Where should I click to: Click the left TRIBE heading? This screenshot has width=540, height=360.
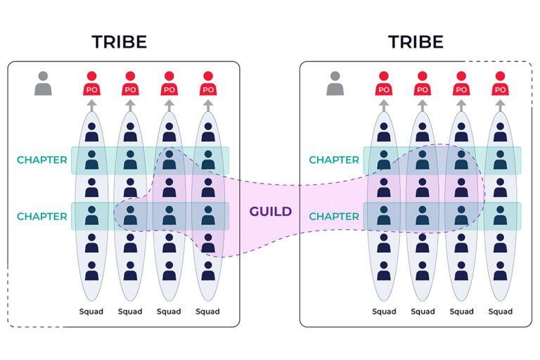pyautogui.click(x=119, y=41)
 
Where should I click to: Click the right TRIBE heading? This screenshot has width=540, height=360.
pyautogui.click(x=416, y=41)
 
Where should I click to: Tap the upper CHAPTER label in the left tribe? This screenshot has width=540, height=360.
pyautogui.click(x=41, y=160)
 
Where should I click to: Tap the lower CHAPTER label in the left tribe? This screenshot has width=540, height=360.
pyautogui.click(x=41, y=216)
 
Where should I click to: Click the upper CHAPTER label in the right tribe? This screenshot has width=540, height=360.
pyautogui.click(x=334, y=160)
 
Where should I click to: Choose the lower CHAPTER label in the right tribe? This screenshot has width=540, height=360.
pyautogui.click(x=334, y=216)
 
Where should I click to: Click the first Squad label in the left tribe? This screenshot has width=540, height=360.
pyautogui.click(x=91, y=311)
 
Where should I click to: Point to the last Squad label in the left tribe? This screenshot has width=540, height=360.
pyautogui.click(x=207, y=311)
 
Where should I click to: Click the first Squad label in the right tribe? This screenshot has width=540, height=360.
pyautogui.click(x=384, y=311)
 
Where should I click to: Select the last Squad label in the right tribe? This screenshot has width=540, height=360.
pyautogui.click(x=500, y=311)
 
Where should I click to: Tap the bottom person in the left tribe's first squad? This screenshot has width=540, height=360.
pyautogui.click(x=91, y=271)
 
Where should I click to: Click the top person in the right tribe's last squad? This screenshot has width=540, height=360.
pyautogui.click(x=500, y=131)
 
